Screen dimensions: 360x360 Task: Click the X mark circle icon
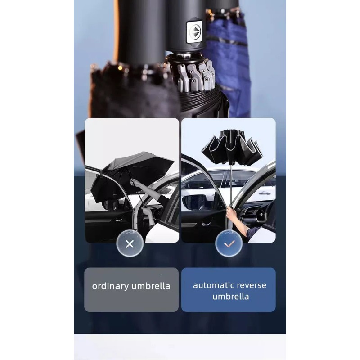tap(130, 244)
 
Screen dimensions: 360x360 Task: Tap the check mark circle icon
tap(229, 244)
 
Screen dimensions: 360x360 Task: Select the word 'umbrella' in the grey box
tap(151, 286)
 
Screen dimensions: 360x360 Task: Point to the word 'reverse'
tap(252, 285)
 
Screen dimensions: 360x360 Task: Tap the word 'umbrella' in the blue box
tap(230, 297)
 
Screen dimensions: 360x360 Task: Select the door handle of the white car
tap(265, 193)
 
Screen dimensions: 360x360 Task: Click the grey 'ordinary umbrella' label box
tap(131, 289)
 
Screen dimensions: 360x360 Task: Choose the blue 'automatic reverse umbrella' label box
tap(228, 289)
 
